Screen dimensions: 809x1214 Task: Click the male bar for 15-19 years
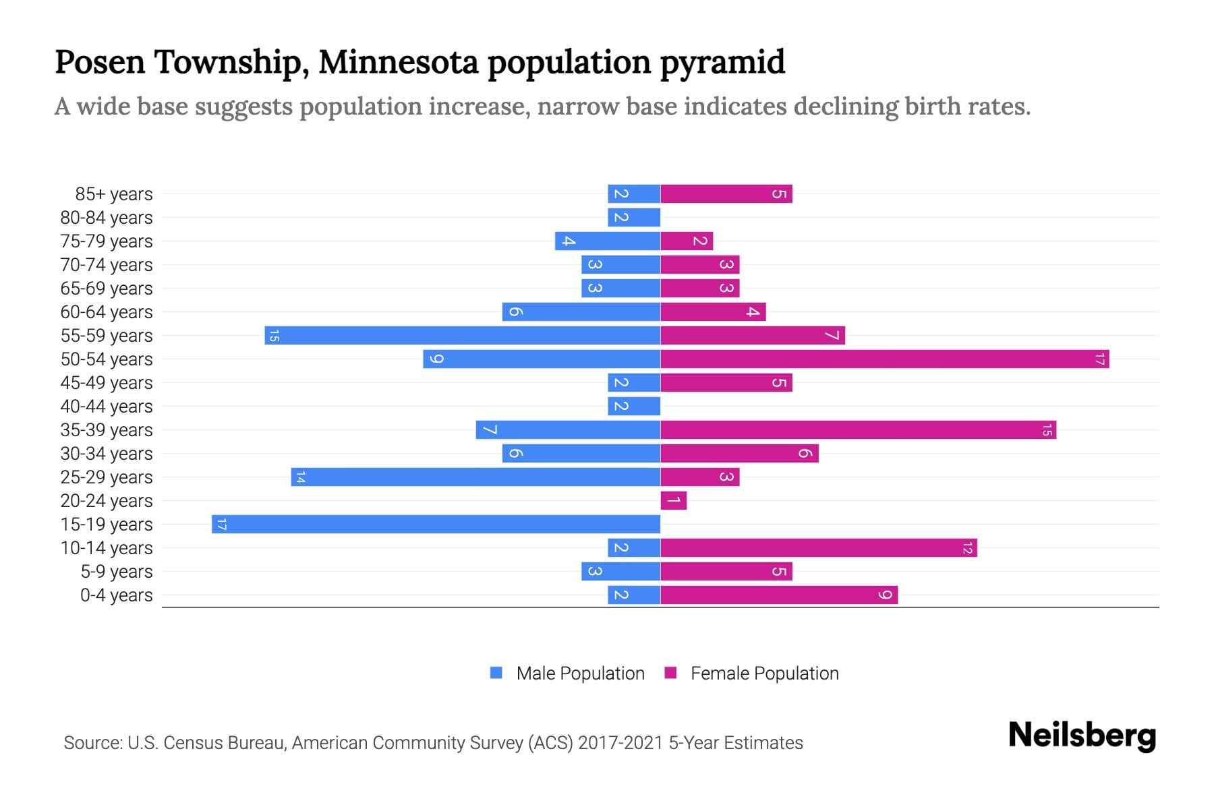pos(436,525)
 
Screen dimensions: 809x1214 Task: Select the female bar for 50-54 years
pos(885,359)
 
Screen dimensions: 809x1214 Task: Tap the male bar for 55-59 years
pos(462,336)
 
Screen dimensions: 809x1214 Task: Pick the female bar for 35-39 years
pos(858,430)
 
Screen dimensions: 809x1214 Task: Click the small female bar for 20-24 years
pos(673,501)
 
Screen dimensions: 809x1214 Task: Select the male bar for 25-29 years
pos(475,477)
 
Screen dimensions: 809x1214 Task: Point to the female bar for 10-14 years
pos(819,548)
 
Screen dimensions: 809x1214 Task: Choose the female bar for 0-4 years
pos(779,595)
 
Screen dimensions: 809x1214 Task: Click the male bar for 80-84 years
pos(633,218)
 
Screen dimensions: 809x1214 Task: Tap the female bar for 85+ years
pos(726,194)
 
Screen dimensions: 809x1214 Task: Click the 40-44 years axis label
pos(107,407)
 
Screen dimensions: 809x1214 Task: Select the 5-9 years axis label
pos(117,572)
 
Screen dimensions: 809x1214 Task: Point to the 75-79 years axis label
pos(107,241)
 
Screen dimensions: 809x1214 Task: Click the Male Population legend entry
pos(579,673)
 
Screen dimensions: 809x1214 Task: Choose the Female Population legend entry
pos(763,673)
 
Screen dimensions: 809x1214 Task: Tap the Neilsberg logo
pos(1082,736)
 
